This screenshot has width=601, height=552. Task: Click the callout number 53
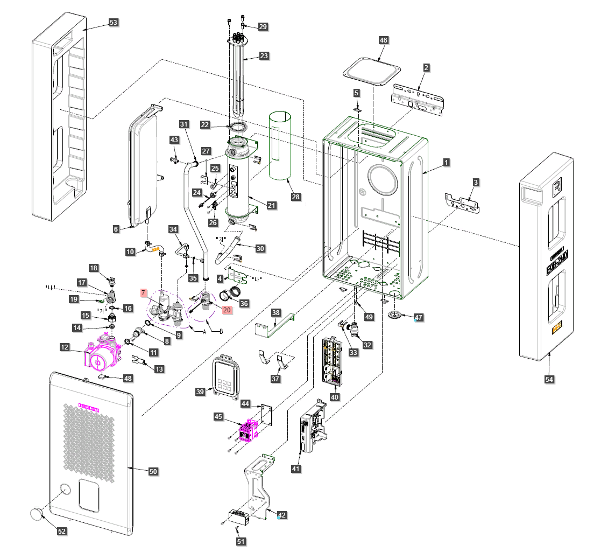click(x=114, y=23)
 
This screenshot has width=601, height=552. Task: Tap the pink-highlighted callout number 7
click(x=144, y=292)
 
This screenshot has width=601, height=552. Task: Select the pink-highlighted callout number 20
click(x=227, y=310)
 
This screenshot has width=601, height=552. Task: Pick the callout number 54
click(x=549, y=380)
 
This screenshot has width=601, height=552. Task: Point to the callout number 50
click(x=153, y=471)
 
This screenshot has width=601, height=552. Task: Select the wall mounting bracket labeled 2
click(x=419, y=100)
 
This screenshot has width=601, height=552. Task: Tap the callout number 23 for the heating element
click(x=263, y=55)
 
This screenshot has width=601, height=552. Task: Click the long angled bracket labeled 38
click(x=276, y=325)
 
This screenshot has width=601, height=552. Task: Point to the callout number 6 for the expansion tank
click(x=116, y=229)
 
